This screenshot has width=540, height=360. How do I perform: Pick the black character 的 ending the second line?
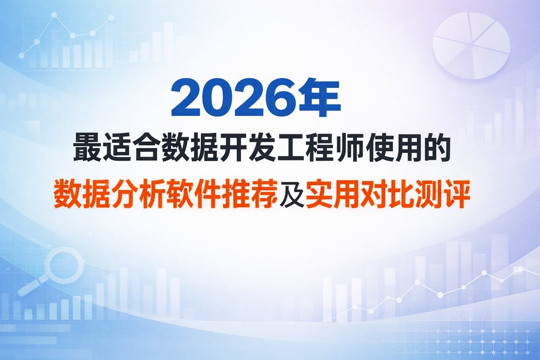(x=438, y=148)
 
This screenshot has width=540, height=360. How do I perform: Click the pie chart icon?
(x=471, y=45)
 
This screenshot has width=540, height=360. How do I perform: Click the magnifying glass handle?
(x=30, y=286)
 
